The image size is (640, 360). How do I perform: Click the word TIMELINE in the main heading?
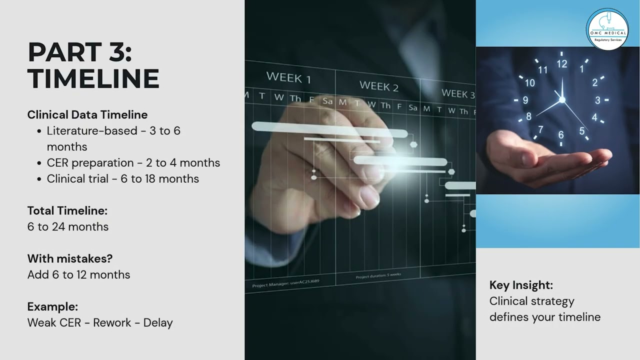point(93,79)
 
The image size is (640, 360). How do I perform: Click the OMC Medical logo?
point(607,28)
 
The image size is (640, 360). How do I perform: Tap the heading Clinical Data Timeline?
point(87,114)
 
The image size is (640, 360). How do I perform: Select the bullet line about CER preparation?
point(133,162)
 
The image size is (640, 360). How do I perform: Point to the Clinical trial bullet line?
point(122,178)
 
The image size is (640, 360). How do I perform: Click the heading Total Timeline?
point(67,210)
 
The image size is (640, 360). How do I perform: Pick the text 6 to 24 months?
point(68,226)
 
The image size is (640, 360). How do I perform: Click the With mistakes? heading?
point(70,258)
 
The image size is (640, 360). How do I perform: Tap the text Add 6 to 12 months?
point(78,274)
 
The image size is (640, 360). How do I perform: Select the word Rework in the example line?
point(114,322)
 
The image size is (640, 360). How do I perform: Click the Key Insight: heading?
point(521,285)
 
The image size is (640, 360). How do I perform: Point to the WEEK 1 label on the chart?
point(288,77)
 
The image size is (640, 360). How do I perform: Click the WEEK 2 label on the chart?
point(379,86)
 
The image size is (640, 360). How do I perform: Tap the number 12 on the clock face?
point(562,63)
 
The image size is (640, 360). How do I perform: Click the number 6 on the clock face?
point(561,134)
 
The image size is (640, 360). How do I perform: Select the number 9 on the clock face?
point(525,100)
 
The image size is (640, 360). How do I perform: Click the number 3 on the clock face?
point(597,100)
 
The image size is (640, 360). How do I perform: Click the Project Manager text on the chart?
point(285,283)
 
